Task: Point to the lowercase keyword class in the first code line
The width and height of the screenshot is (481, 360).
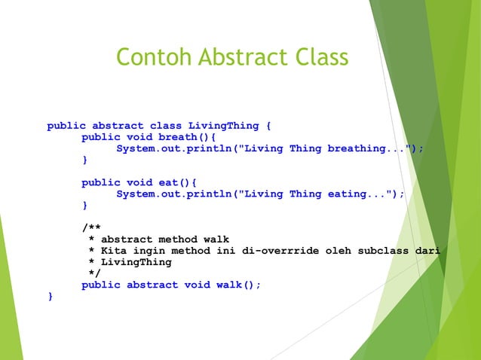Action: (x=165, y=126)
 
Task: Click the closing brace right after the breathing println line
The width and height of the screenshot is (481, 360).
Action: (x=84, y=160)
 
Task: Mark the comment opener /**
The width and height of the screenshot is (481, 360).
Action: (x=90, y=228)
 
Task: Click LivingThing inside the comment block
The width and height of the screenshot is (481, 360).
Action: (x=136, y=262)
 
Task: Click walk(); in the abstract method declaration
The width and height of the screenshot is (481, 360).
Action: (x=239, y=285)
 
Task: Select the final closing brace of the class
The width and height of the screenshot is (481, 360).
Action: (x=51, y=296)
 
